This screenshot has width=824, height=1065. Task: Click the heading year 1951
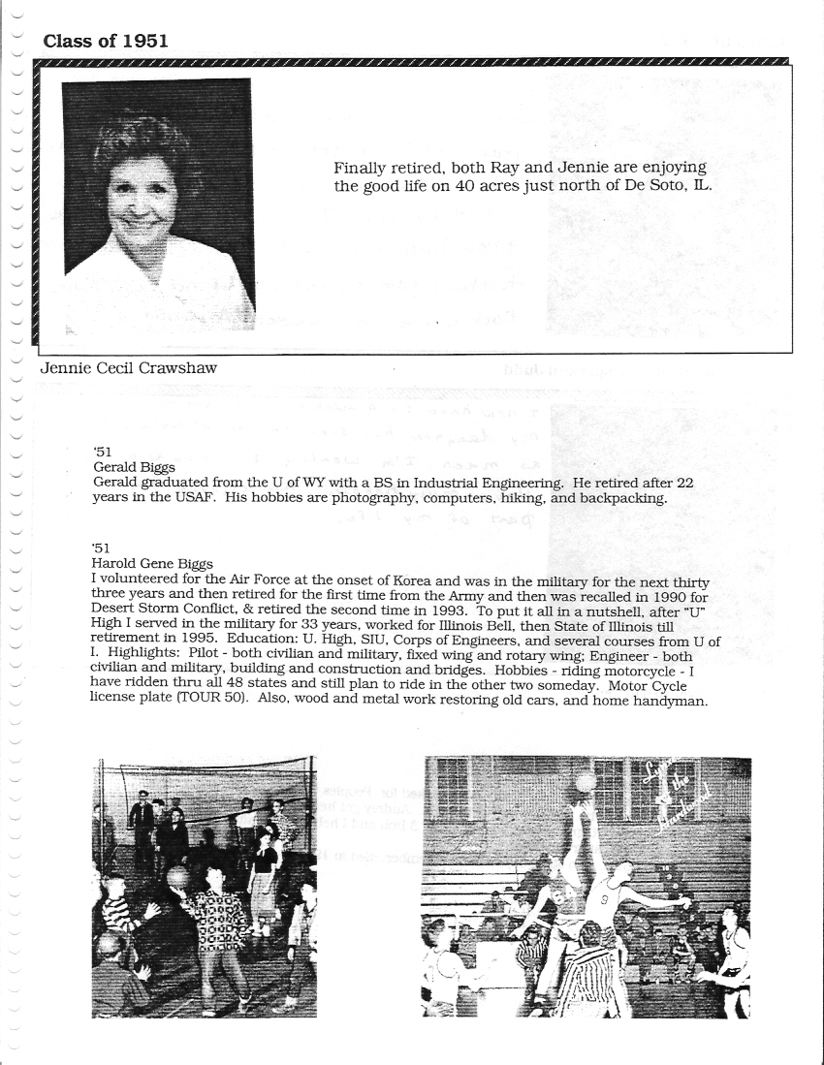click(x=144, y=40)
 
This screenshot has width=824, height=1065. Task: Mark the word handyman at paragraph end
click(x=673, y=702)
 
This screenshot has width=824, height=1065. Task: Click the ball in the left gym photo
click(x=176, y=877)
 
